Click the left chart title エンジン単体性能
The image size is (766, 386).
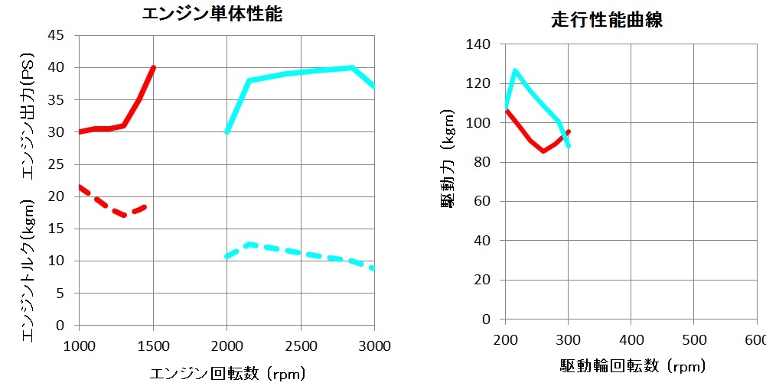[212, 14]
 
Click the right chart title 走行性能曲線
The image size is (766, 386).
[607, 21]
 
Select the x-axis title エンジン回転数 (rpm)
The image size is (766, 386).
[227, 373]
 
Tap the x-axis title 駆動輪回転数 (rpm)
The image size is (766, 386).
[632, 366]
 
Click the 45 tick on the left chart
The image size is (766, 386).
[57, 35]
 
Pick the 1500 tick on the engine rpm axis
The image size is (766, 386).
[153, 346]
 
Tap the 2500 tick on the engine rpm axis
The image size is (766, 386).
[301, 346]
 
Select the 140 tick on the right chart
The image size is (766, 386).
[484, 44]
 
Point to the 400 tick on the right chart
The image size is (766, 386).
[631, 339]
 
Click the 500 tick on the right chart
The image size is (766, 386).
[693, 339]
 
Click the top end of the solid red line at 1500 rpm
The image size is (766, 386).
[153, 68]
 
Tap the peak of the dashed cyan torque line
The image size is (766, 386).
[249, 244]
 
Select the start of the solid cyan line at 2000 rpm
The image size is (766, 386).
[227, 131]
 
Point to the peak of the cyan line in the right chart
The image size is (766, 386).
[515, 71]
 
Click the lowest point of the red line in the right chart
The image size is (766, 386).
[543, 151]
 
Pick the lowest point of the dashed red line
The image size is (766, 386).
[124, 215]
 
